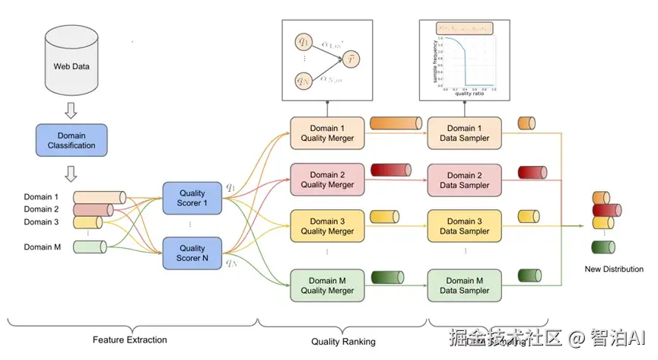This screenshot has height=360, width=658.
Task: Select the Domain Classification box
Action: [x=72, y=141]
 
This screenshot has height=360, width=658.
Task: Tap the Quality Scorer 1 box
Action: [x=192, y=198]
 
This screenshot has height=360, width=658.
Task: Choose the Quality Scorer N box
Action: [x=192, y=253]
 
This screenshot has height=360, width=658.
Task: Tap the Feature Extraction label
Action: [x=129, y=339]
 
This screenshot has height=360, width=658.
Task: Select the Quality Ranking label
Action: [x=343, y=342]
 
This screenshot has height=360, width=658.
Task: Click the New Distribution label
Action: [x=613, y=269]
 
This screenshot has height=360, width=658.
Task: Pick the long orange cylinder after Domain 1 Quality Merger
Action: [x=396, y=123]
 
